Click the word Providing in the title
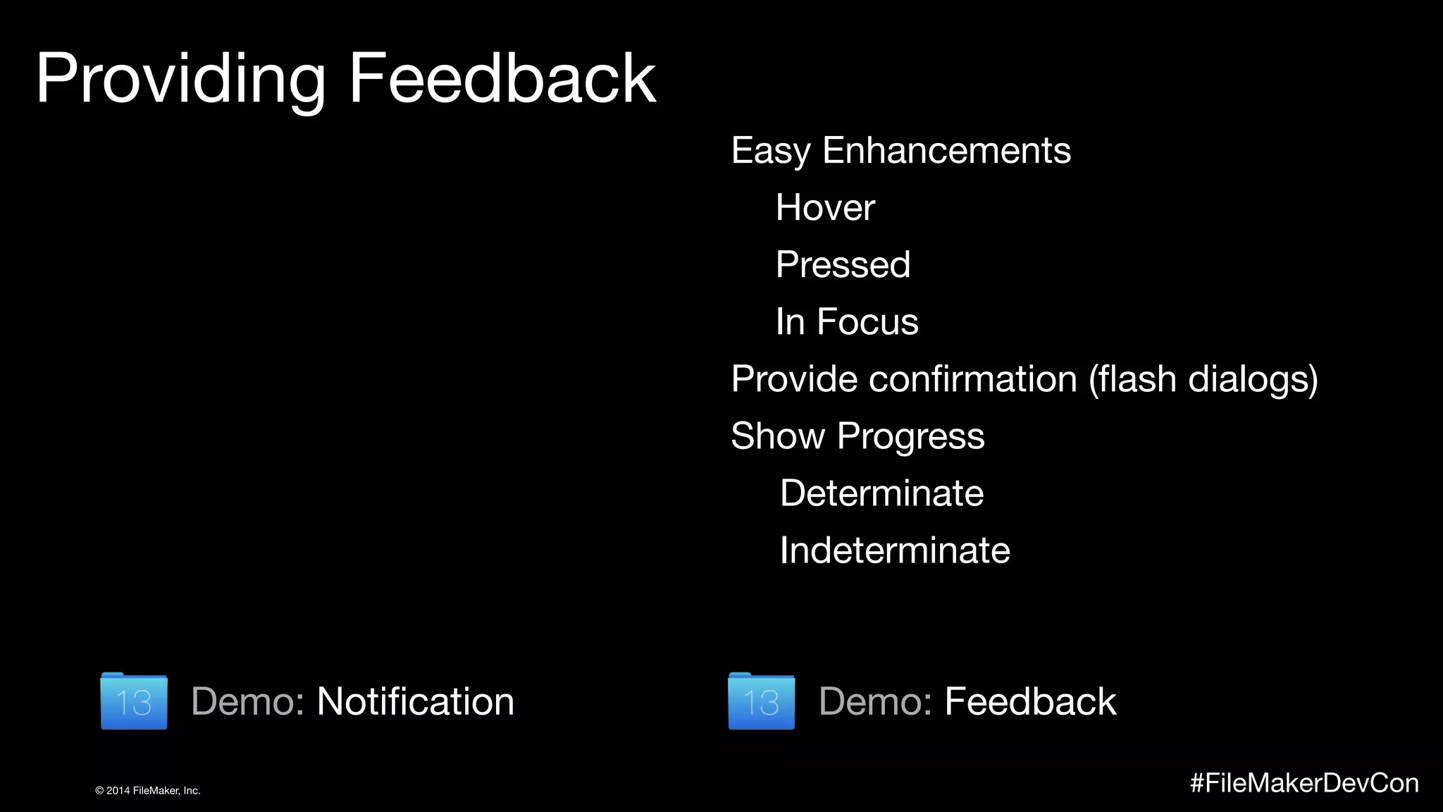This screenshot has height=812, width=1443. [180, 79]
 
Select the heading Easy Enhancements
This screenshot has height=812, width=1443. [900, 151]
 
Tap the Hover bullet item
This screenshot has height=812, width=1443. [824, 208]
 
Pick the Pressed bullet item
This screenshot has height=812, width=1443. [843, 265]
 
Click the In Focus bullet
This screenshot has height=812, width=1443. [846, 322]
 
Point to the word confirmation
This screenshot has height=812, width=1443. [972, 379]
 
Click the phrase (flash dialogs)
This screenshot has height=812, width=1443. [1203, 379]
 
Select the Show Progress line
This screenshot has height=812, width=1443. [857, 436]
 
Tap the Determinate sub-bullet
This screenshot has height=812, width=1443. [881, 493]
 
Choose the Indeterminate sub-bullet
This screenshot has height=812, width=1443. [894, 550]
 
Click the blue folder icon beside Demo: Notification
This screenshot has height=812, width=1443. [134, 701]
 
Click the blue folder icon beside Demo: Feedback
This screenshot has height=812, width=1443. [761, 701]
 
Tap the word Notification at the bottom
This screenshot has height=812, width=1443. [415, 702]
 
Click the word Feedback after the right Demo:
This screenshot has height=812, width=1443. [1029, 702]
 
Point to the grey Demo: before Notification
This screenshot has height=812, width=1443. [247, 702]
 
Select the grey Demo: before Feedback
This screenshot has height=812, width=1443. [875, 702]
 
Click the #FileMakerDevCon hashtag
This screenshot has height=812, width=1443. [1304, 783]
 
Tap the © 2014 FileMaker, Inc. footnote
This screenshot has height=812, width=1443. [148, 791]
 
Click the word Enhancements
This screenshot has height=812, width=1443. [946, 151]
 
